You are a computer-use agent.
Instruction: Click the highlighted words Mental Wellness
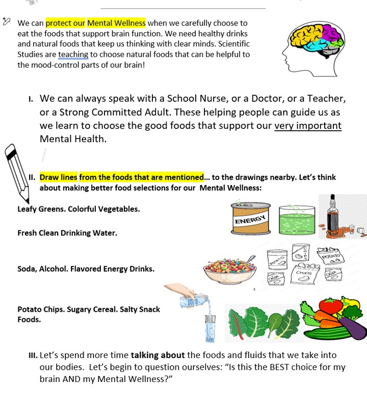pos(116,23)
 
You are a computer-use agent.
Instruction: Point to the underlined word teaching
pos(73,55)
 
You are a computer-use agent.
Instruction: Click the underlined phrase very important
pos(307,126)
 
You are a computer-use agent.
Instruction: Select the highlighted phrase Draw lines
pos(59,177)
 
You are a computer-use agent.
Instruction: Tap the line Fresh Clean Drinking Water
pos(67,233)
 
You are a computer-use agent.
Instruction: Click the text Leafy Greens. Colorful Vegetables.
pos(78,209)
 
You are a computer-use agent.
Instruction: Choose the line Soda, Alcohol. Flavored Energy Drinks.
pos(86,268)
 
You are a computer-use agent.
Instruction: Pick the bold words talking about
pos(158,355)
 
